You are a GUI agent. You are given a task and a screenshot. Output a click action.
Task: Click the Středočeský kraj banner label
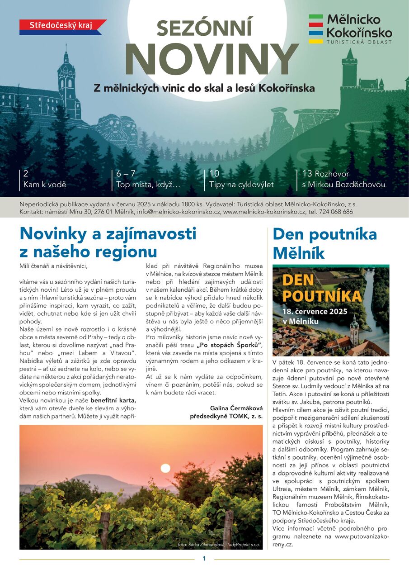[61, 25]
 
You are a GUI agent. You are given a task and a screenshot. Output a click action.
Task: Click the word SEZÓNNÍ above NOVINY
[205, 29]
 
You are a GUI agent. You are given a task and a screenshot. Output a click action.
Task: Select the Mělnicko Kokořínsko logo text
[359, 26]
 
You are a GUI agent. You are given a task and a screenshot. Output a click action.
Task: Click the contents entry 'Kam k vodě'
[45, 185]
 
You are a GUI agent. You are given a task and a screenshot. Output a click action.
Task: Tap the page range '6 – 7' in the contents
[126, 174]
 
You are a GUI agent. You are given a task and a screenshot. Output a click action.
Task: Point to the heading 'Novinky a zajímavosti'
[108, 234]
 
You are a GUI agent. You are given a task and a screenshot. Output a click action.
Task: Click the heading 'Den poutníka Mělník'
[324, 243]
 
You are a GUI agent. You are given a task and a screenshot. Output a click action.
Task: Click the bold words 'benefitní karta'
[113, 401]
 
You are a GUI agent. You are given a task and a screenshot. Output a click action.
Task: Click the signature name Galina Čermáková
[236, 408]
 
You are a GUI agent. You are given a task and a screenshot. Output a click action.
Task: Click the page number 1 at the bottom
[204, 559]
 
